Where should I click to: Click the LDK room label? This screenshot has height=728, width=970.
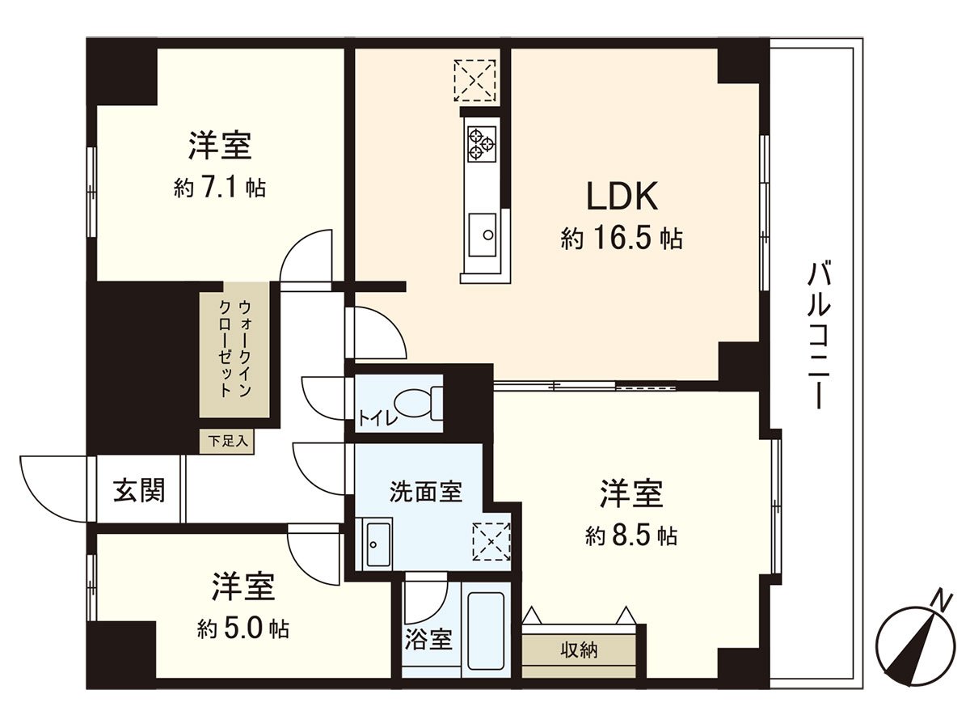(625, 196)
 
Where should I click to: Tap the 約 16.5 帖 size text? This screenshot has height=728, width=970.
(622, 239)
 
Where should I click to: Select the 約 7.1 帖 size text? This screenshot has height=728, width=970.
(220, 188)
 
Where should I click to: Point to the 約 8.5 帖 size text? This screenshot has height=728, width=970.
(631, 535)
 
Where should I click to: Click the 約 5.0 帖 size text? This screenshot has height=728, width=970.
(243, 629)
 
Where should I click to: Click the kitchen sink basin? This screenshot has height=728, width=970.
(483, 235)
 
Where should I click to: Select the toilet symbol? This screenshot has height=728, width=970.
(420, 401)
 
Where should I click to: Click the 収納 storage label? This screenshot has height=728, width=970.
(579, 649)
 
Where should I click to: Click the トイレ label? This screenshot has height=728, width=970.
(373, 418)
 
